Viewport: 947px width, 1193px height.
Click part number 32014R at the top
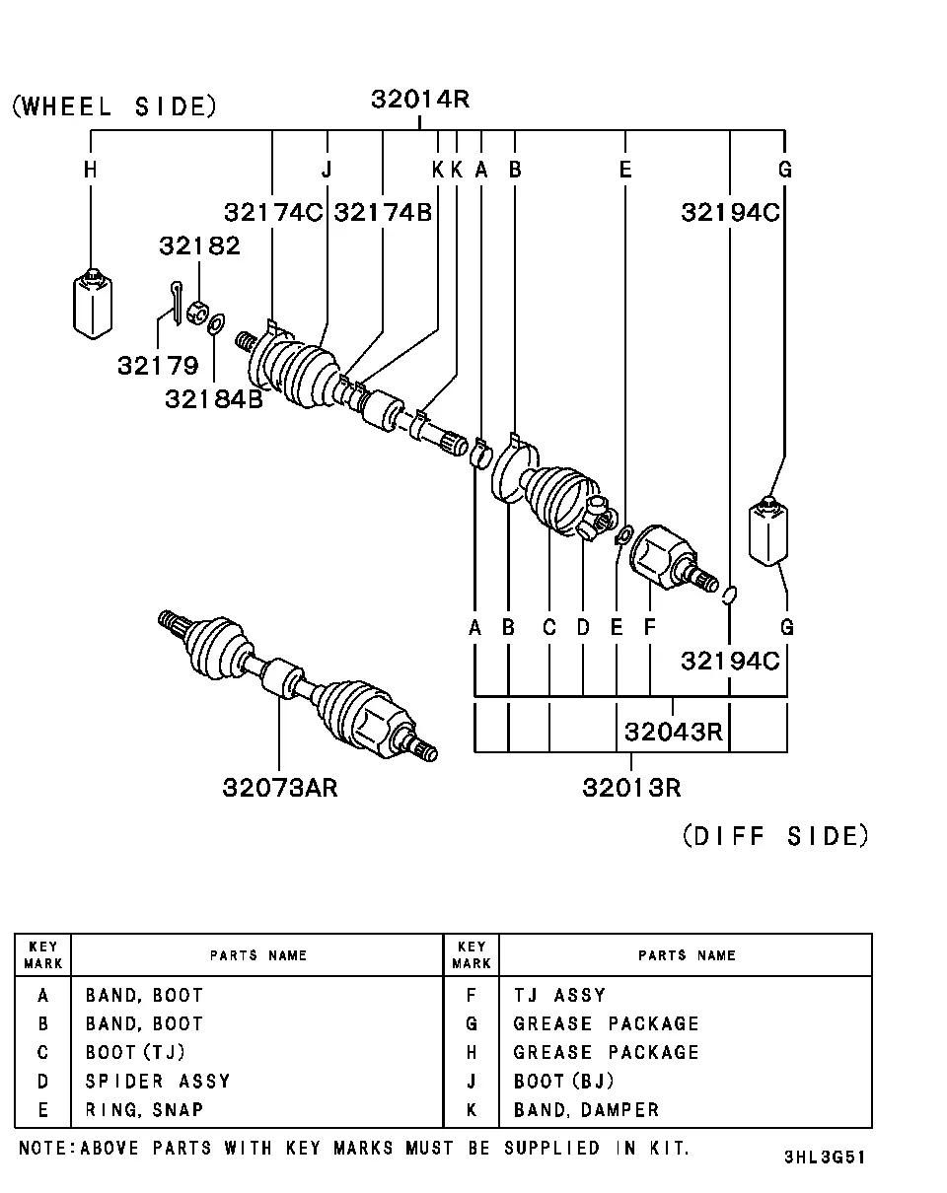point(420,100)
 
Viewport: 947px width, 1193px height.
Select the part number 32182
point(199,246)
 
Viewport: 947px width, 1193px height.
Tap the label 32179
point(158,366)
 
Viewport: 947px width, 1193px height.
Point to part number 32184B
point(214,399)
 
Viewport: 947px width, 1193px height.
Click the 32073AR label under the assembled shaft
point(279,788)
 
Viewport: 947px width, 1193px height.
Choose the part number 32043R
point(674,732)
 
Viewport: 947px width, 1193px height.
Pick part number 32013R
point(631,788)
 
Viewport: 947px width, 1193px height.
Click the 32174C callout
point(273,212)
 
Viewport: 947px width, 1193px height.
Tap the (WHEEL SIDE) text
point(114,106)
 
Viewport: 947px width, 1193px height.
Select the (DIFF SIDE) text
point(775,836)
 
